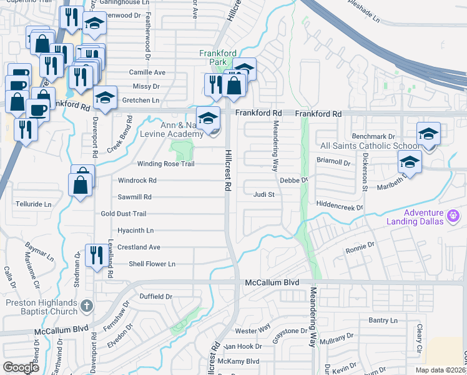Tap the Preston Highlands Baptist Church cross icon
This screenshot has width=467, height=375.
(87, 306)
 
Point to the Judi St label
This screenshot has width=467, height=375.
(263, 194)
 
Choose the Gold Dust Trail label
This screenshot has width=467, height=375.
(123, 214)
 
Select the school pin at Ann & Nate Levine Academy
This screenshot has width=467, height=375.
(208, 117)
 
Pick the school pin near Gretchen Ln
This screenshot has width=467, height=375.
(106, 97)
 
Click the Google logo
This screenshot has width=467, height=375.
(21, 367)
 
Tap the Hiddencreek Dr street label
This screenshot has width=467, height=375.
(339, 204)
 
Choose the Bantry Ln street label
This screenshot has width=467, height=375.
(383, 321)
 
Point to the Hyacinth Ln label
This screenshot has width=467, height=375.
(135, 231)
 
